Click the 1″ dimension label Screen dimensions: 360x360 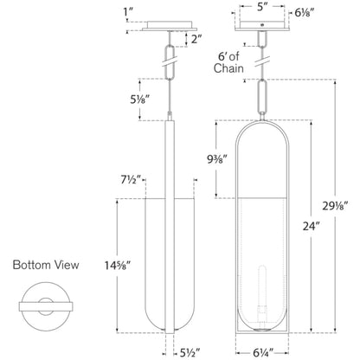coord(127,12)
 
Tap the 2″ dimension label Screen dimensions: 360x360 coord(196,39)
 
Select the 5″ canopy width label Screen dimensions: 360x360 coord(260,7)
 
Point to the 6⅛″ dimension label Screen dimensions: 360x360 coord(305,12)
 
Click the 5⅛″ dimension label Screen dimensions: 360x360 coord(140,100)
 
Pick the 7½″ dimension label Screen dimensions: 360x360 coord(131,180)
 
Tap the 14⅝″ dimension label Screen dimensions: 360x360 coord(118,266)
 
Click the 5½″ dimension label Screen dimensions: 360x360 coord(190,352)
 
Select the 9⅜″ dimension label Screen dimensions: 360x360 coord(217,159)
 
